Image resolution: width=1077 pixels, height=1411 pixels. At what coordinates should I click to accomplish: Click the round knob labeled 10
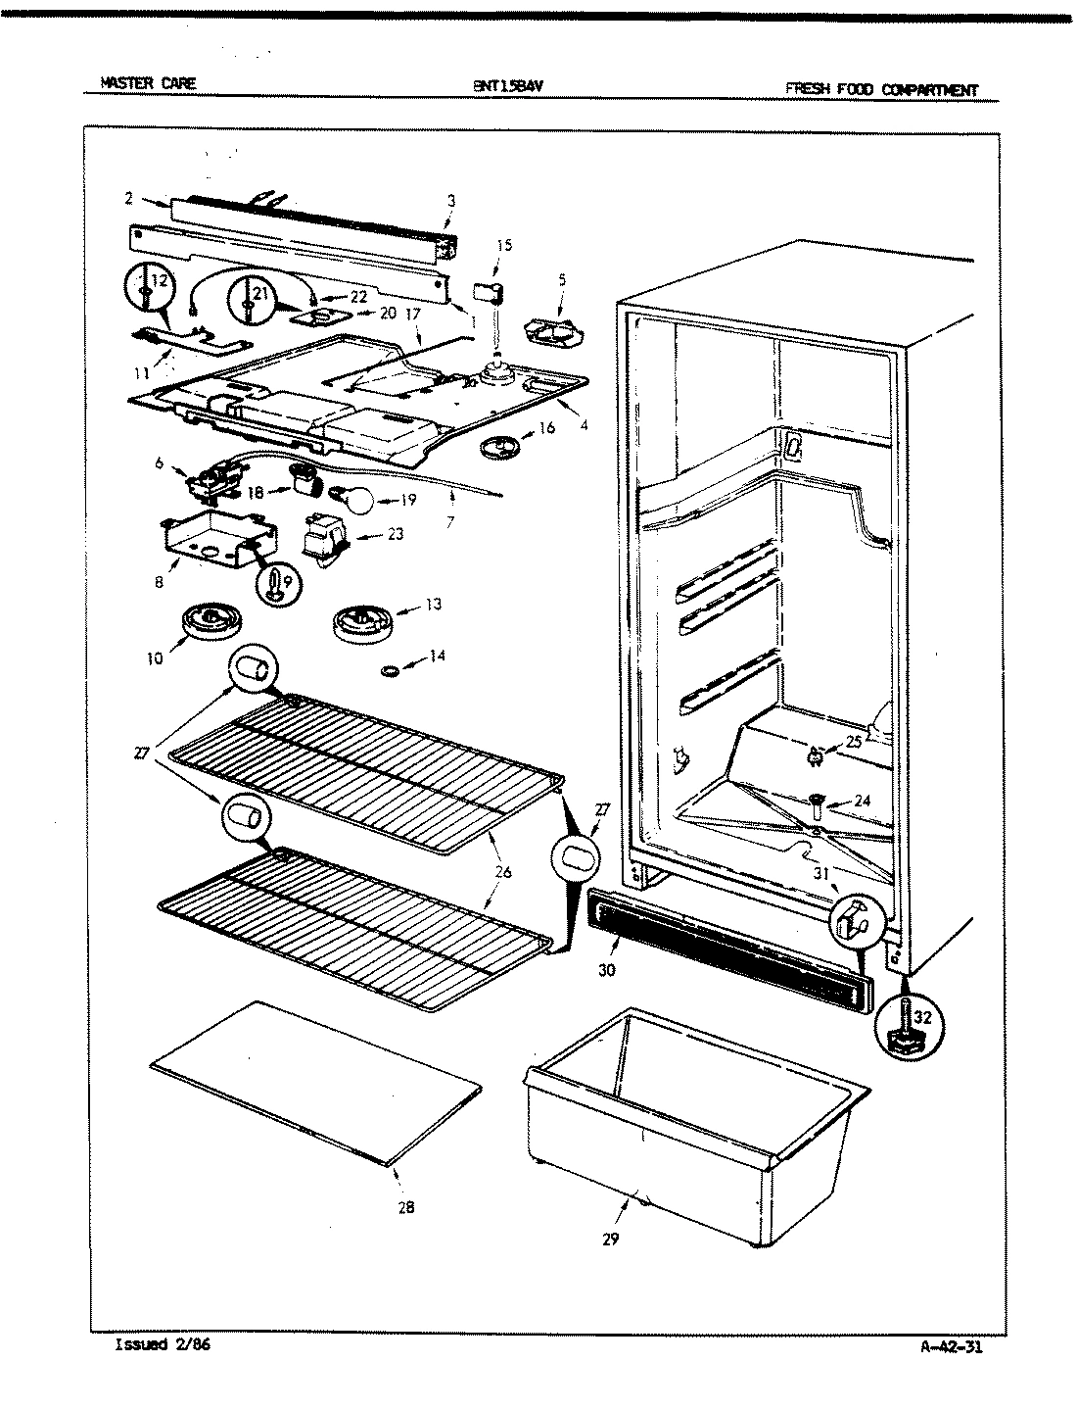[206, 622]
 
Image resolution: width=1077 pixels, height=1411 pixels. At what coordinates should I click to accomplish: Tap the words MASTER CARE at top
[148, 83]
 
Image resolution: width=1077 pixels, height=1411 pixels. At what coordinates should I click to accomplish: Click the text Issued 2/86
[163, 1344]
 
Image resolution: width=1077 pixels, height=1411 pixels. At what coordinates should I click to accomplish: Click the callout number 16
[546, 427]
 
